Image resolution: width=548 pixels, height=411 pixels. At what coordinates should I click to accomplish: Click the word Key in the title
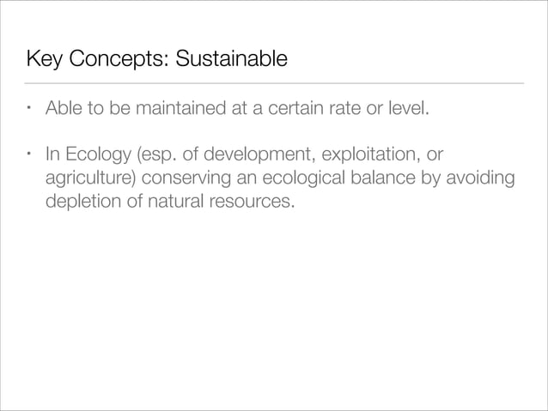tap(44, 61)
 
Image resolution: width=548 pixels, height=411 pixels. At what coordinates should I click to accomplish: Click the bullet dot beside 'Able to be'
tap(29, 110)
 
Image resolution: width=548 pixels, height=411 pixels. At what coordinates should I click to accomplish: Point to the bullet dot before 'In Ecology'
tap(29, 156)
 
